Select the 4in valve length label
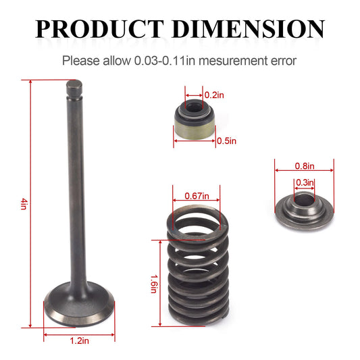point(24,203)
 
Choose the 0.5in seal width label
point(226,140)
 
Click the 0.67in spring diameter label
point(197,196)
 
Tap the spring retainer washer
point(303,207)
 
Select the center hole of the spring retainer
point(303,200)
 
